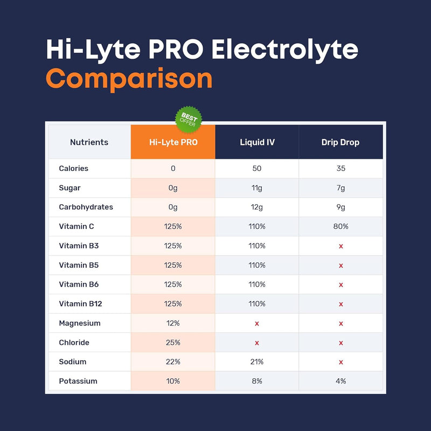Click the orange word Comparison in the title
coord(129,79)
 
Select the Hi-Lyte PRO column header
coord(173,143)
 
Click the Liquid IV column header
coord(257,143)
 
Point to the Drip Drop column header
coord(340,143)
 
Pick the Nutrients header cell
coord(89,143)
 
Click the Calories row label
coord(74,169)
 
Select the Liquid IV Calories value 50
coord(257,169)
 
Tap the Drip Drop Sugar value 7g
coord(340,188)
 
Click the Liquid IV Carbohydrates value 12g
coord(257,207)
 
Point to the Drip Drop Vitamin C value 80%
coord(340,227)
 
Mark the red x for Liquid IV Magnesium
coord(257,323)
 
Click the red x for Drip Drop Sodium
coord(340,362)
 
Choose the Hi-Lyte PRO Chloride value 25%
coord(173,343)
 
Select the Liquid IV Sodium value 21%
coord(257,362)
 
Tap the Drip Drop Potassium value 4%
coord(340,381)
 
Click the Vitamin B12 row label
coord(80,304)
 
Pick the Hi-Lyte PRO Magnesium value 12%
coord(173,323)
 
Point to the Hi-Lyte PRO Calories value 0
coord(173,169)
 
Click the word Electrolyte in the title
coord(284,50)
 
